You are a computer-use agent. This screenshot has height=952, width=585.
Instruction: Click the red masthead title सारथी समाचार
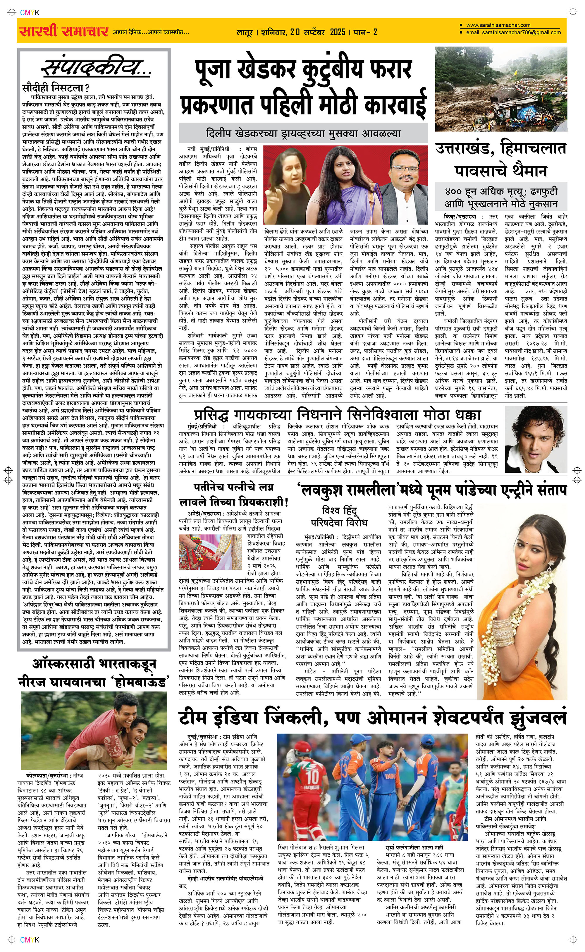pyautogui.click(x=63, y=31)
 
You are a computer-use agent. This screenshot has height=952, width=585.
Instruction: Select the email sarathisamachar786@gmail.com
pyautogui.click(x=513, y=32)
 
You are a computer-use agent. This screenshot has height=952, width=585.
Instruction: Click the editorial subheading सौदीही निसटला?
pyautogui.click(x=56, y=88)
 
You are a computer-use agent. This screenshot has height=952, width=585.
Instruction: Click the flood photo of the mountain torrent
pyautogui.click(x=501, y=89)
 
